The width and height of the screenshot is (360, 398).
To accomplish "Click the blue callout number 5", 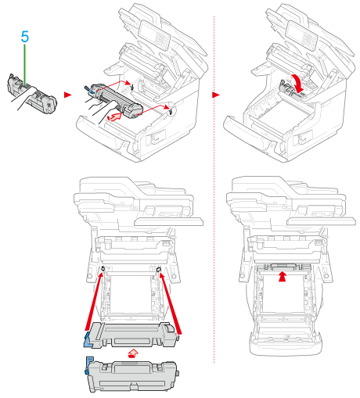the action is (25, 37).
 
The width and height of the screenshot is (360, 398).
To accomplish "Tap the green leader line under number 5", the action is (25, 65).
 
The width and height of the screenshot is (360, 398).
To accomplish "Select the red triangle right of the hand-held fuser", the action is (67, 95).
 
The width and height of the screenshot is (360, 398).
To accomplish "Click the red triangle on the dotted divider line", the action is (216, 95).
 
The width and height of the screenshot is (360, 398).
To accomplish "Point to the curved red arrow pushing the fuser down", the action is (297, 83).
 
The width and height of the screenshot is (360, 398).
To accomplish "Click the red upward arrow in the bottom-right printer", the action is (282, 277).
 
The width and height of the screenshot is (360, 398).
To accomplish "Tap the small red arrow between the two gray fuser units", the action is (133, 353).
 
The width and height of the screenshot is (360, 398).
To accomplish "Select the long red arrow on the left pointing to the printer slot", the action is (94, 301).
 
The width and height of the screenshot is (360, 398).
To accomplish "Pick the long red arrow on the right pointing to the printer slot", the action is (171, 303).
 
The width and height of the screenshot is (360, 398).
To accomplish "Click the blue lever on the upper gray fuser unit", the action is (88, 340).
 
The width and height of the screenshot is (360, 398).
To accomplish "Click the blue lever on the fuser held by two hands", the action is (88, 88).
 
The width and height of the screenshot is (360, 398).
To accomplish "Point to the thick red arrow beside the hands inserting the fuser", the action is (115, 117).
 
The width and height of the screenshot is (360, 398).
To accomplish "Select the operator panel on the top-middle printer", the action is (154, 35).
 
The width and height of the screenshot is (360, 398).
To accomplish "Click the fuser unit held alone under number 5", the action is (32, 94).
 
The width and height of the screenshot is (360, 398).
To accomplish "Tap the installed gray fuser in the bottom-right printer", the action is (283, 267).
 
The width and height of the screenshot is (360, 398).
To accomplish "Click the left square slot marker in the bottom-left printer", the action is (103, 268).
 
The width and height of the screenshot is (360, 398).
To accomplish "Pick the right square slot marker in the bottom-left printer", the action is (158, 270).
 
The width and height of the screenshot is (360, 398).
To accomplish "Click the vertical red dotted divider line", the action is (214, 189).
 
